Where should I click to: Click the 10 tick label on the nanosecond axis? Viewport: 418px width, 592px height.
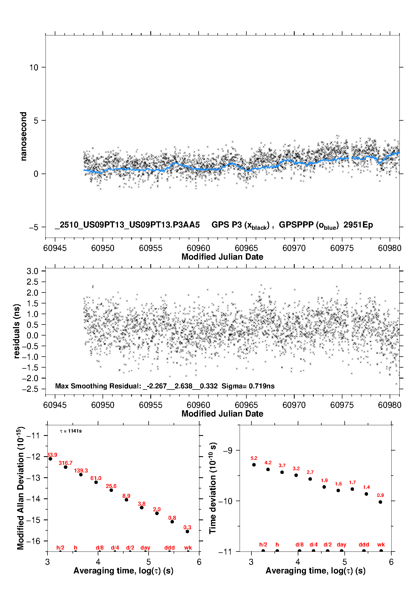[34, 67]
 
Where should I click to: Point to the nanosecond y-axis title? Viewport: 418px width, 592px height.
[23, 136]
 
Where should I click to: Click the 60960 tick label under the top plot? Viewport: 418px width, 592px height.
[198, 248]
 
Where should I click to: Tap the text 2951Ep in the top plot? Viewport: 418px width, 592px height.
[358, 225]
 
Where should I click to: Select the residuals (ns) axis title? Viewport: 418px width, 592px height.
[17, 331]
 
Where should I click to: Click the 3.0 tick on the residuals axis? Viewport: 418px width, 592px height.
[32, 271]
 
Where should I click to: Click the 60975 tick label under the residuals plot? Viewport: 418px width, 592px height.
[342, 405]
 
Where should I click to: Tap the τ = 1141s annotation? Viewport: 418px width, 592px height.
[71, 431]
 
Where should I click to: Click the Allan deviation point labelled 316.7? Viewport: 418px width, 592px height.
[65, 467]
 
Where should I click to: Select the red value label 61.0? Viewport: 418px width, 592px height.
[96, 478]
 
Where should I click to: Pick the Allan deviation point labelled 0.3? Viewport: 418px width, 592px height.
[187, 532]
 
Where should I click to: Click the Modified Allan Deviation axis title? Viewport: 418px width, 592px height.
[20, 488]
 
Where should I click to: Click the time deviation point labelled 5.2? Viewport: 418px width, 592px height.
[254, 465]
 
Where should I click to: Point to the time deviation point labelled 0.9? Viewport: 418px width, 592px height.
[380, 502]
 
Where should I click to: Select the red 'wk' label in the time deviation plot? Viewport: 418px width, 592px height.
[381, 544]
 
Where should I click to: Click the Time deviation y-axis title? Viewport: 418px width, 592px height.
[213, 488]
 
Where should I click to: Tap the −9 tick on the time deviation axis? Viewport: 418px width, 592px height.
[228, 451]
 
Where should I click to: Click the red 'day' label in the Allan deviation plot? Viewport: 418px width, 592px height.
[145, 548]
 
